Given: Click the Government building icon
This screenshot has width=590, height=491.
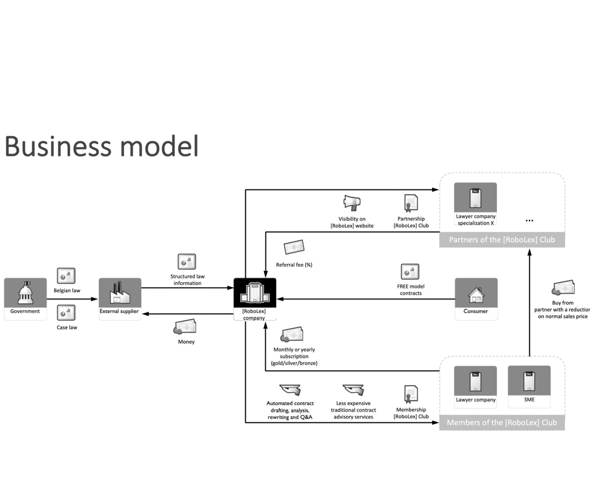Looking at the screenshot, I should pyautogui.click(x=26, y=293).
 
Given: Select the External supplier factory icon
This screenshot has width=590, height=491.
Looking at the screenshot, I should pyautogui.click(x=120, y=293).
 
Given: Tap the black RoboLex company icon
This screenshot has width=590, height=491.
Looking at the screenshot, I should pyautogui.click(x=254, y=293).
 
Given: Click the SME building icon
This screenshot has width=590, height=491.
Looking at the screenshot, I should pyautogui.click(x=529, y=381).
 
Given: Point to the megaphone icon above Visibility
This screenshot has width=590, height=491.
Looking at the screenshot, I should pyautogui.click(x=352, y=202).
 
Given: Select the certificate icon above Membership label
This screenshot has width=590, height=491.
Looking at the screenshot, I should pyautogui.click(x=411, y=394).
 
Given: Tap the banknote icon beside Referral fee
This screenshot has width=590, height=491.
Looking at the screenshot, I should pyautogui.click(x=294, y=247).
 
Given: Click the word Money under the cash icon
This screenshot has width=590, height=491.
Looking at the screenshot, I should pyautogui.click(x=186, y=342).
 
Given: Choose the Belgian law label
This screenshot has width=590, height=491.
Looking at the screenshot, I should pyautogui.click(x=67, y=291).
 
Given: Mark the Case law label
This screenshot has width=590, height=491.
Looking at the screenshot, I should pyautogui.click(x=67, y=328).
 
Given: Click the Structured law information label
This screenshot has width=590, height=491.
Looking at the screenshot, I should pyautogui.click(x=188, y=280).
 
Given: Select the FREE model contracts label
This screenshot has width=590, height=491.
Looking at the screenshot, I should pyautogui.click(x=411, y=290).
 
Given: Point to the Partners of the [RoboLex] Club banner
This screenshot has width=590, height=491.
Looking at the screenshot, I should pyautogui.click(x=502, y=240).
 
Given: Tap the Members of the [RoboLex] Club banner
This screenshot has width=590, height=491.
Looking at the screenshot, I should pyautogui.click(x=502, y=423).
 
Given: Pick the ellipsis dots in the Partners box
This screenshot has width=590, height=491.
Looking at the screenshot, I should pyautogui.click(x=529, y=221).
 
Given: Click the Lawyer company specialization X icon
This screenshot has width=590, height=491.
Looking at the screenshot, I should pyautogui.click(x=476, y=198).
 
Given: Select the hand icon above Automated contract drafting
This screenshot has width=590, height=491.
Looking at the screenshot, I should pyautogui.click(x=290, y=390).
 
